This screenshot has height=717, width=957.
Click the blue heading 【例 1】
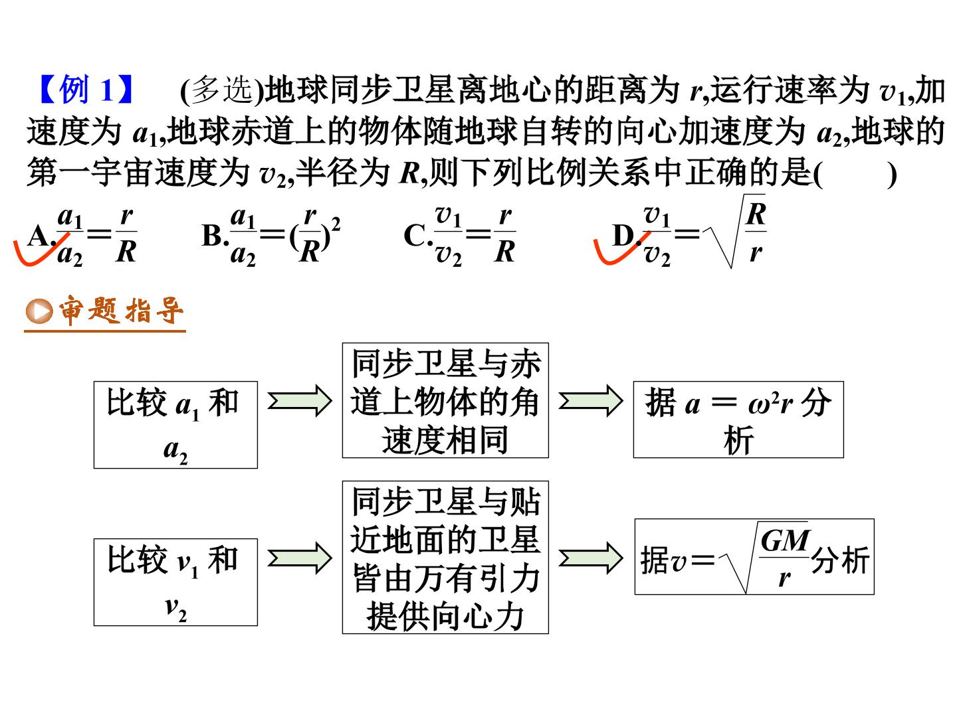[86, 90]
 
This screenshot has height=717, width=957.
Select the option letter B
[212, 236]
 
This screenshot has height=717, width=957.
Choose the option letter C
[415, 236]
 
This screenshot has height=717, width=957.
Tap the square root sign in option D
[734, 231]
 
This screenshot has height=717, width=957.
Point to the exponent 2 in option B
[336, 224]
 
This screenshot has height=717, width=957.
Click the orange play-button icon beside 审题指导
[39, 311]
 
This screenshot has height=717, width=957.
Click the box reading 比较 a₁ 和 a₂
[175, 425]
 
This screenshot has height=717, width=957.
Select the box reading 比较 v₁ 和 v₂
[175, 582]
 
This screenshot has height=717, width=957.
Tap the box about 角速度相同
[445, 400]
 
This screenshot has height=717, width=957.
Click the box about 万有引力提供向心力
[445, 557]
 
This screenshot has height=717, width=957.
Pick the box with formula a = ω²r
[738, 419]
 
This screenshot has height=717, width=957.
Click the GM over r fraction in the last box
[785, 558]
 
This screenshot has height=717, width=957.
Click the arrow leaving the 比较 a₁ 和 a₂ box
[300, 401]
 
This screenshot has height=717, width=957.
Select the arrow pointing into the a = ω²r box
[591, 401]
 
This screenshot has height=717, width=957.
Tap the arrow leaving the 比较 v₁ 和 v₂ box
[300, 558]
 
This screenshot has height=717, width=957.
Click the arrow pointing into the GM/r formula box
[591, 558]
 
